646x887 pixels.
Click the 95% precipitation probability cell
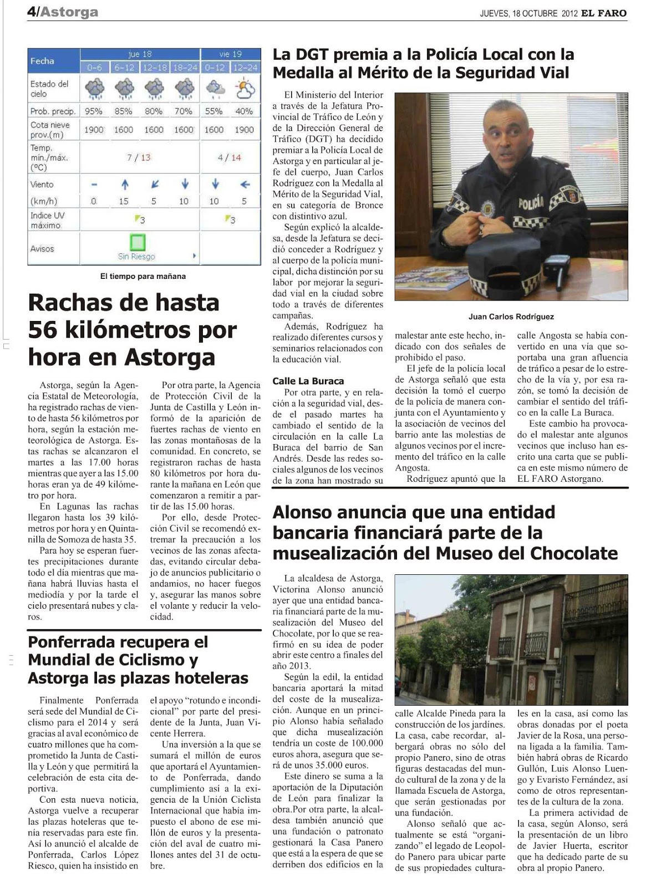[x=93, y=111]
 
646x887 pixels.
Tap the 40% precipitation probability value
[x=244, y=111]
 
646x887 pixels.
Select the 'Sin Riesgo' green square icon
[x=138, y=242]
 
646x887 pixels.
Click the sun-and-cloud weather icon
[x=245, y=88]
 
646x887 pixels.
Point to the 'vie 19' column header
[x=230, y=54]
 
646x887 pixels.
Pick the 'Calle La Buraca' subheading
[x=308, y=381]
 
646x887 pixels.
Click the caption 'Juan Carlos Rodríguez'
[x=511, y=317]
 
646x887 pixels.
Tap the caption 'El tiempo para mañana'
[x=143, y=276]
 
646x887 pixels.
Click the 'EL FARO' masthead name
[x=604, y=13]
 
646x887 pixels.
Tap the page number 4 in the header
[x=31, y=12]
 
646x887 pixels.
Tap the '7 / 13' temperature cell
[x=139, y=157]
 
